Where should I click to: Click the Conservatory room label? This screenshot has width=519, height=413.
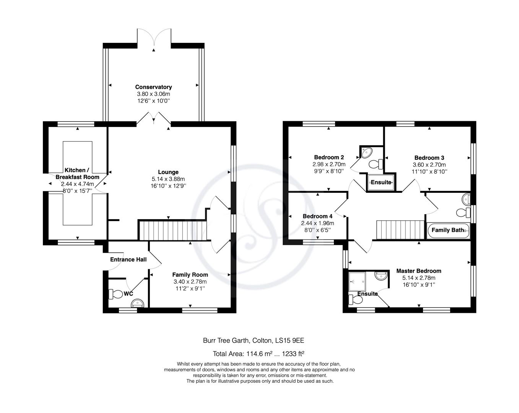tap(153, 87)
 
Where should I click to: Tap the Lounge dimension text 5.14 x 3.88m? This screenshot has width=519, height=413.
tap(168, 179)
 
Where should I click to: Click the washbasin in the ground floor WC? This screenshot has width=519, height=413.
tap(137, 303)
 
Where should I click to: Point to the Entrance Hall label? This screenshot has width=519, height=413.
tap(128, 259)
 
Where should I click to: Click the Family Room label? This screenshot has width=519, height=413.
tap(190, 275)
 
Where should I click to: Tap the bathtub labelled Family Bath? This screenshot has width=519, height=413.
tap(448, 231)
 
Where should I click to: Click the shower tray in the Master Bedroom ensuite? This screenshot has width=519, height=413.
tap(357, 281)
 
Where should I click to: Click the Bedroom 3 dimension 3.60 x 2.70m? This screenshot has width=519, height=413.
tap(429, 165)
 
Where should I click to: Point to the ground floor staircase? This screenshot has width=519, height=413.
tap(172, 231)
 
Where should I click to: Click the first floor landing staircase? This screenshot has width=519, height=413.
tap(400, 230)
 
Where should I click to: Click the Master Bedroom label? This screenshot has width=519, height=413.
tap(419, 271)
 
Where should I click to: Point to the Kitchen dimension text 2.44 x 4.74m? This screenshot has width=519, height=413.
tap(77, 184)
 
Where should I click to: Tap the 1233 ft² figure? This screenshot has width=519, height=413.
tap(293, 354)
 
